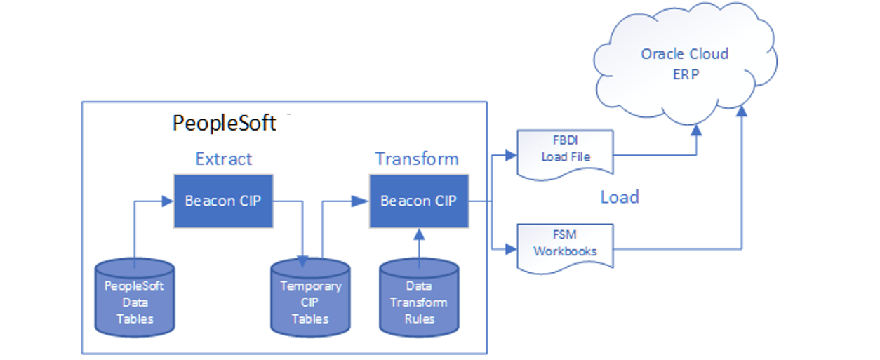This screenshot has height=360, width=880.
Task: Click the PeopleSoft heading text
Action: pos(224,124)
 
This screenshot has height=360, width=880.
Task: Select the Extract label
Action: pos(223,159)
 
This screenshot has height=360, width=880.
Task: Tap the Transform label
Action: pos(417,159)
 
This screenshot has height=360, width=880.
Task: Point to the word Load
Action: pos(619,197)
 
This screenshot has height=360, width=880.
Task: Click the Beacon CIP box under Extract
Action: pos(223,201)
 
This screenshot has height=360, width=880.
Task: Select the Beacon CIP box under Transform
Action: pos(418,201)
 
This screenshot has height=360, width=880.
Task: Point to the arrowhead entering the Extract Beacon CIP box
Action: pos(168,201)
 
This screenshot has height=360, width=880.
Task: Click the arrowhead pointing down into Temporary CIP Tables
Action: pos(302,261)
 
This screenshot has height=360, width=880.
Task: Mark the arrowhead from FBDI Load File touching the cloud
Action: pos(696,130)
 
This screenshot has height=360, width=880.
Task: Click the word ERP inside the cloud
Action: pos(685,74)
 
